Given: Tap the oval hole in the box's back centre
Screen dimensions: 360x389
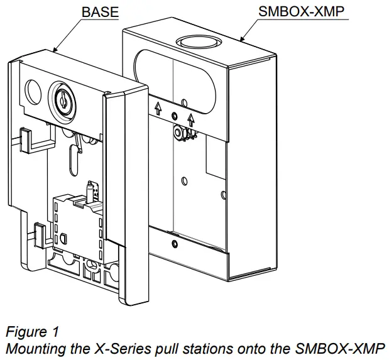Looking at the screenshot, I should [184, 182].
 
